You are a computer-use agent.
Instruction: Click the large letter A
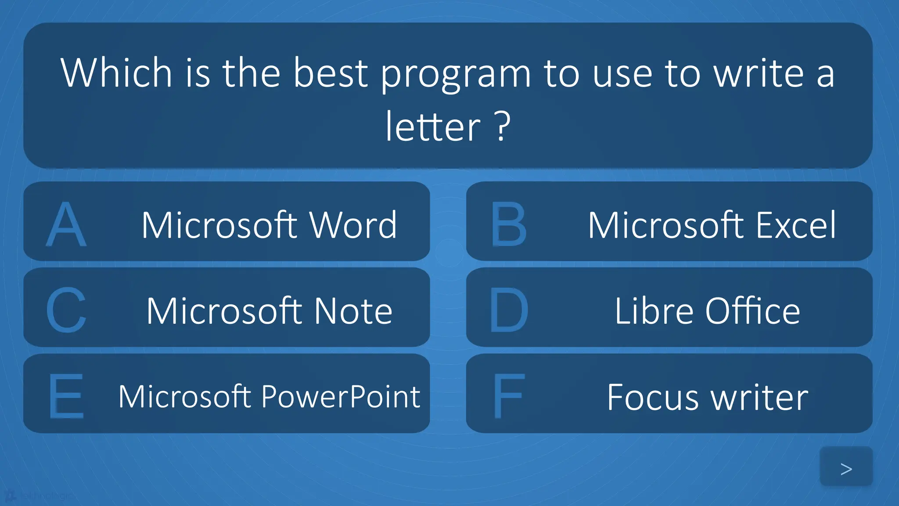click(x=66, y=224)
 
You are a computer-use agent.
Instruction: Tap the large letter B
click(x=508, y=224)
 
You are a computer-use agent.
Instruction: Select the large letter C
click(x=66, y=310)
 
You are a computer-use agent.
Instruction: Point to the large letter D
click(x=509, y=310)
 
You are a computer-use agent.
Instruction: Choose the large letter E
click(x=66, y=396)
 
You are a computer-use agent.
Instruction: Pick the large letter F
click(x=508, y=396)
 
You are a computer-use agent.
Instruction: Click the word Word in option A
click(x=353, y=225)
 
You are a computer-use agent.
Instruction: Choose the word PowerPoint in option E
click(x=341, y=397)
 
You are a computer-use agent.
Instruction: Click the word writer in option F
click(x=759, y=397)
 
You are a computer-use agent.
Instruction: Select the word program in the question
click(x=456, y=73)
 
